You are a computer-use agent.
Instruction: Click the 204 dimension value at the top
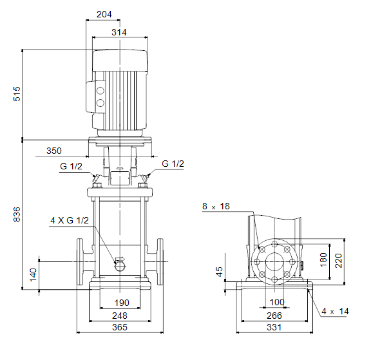[104, 14]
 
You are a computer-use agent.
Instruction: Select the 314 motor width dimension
[119, 32]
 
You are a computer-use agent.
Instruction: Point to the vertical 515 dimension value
[17, 94]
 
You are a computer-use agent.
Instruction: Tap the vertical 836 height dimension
[17, 214]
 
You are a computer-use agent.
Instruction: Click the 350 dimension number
[54, 151]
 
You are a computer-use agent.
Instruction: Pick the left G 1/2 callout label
[71, 166]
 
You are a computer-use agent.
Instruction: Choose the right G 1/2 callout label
[173, 164]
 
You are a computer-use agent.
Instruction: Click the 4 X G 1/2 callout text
[70, 220]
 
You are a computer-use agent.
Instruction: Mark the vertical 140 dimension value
[33, 275]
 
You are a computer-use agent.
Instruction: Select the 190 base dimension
[122, 303]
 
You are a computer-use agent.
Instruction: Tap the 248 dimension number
[120, 316]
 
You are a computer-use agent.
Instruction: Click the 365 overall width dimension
[120, 327]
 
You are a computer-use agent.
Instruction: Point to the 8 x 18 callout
[216, 207]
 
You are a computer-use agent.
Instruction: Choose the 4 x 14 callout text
[335, 311]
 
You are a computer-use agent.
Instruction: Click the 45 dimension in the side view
[219, 272]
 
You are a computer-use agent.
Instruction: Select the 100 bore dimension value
[277, 303]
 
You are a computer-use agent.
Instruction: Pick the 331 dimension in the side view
[274, 327]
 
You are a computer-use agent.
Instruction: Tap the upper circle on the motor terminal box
[100, 91]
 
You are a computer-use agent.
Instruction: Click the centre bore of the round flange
[274, 262]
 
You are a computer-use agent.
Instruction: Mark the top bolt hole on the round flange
[274, 244]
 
